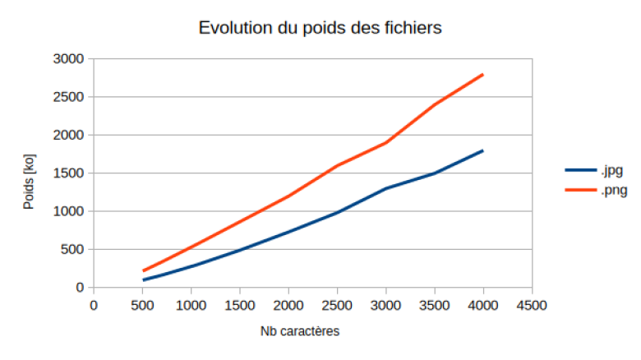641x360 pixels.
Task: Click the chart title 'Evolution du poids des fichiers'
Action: (x=320, y=28)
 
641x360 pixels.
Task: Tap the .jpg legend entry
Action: (x=594, y=170)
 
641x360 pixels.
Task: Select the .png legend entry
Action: (x=597, y=190)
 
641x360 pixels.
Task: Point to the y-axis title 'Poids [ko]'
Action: (x=29, y=182)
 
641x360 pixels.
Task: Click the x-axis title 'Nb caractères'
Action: (x=300, y=331)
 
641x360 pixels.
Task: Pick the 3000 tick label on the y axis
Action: (x=68, y=59)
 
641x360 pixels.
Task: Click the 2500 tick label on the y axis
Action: (x=68, y=97)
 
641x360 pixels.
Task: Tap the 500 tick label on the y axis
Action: (x=72, y=249)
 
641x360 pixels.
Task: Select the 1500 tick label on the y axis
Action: (x=68, y=173)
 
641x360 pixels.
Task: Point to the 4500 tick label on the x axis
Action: (x=532, y=306)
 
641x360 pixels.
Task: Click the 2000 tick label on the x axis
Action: (x=288, y=306)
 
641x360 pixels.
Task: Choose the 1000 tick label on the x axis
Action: (x=191, y=306)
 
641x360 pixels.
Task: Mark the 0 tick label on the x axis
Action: (x=94, y=306)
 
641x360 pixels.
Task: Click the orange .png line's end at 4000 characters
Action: (x=483, y=75)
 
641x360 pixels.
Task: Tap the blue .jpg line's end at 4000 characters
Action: (x=483, y=151)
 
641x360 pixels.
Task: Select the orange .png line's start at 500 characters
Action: (x=143, y=270)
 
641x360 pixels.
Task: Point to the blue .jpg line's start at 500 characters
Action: (x=143, y=280)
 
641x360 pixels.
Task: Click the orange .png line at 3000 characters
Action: (x=386, y=143)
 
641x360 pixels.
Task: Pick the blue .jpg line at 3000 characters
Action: (x=386, y=188)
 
